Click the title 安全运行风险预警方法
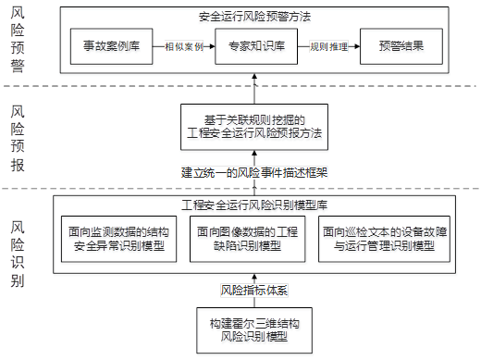click(x=254, y=16)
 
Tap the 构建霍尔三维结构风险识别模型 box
click(x=253, y=329)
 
